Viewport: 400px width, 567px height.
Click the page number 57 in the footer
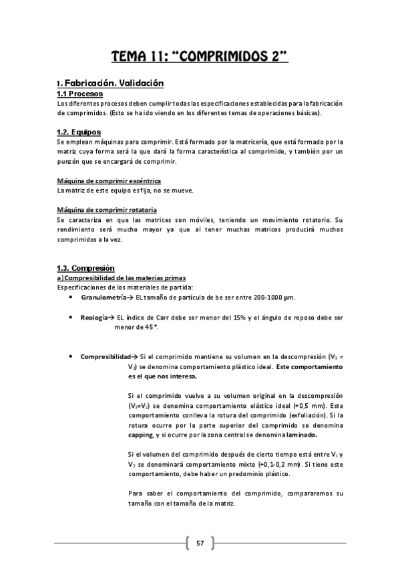[x=200, y=542]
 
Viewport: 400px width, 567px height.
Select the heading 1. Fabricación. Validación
[x=110, y=84]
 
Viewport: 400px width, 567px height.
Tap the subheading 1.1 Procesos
[x=79, y=94]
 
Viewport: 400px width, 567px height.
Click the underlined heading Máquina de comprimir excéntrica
[x=109, y=181]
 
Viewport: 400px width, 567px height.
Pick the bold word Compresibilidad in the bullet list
[x=105, y=357]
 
